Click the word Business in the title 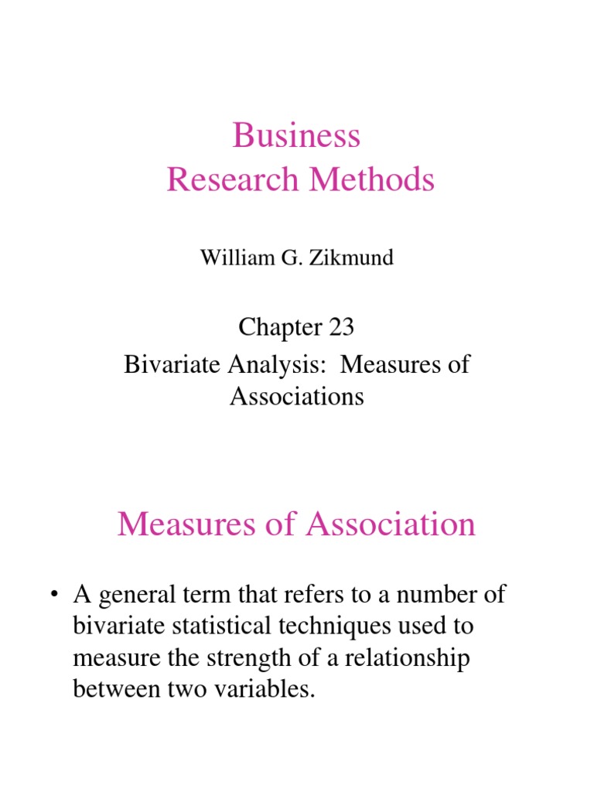pyautogui.click(x=297, y=136)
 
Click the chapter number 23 pyautogui.click(x=340, y=327)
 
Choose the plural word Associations pyautogui.click(x=297, y=397)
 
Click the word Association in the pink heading pyautogui.click(x=391, y=525)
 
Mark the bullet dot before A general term pyautogui.click(x=53, y=596)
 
